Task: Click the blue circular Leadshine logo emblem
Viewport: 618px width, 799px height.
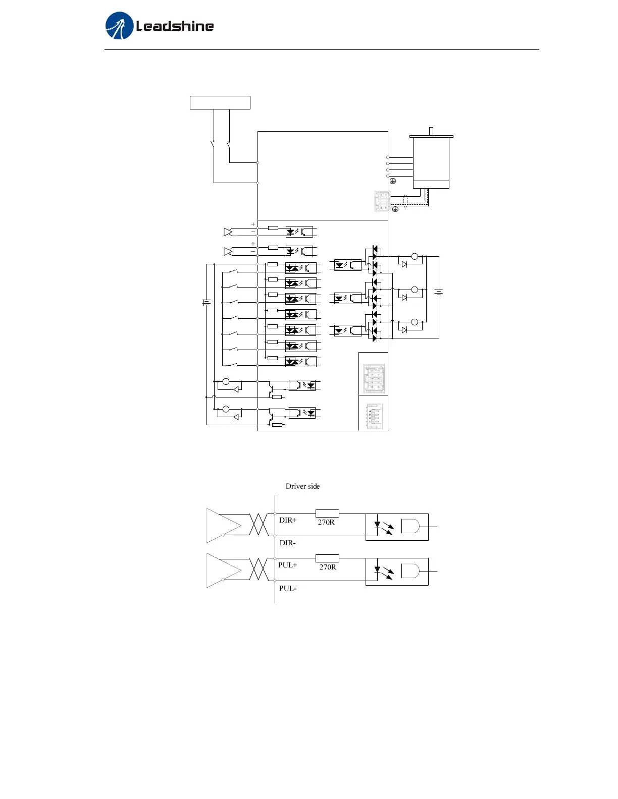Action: [x=119, y=26]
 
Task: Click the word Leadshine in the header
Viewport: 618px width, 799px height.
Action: [x=175, y=26]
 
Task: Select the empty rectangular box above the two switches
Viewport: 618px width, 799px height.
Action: [x=220, y=102]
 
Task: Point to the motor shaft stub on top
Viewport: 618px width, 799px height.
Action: [x=431, y=131]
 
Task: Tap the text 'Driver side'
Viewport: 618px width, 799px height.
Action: [x=302, y=486]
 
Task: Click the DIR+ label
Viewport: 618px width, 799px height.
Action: [x=288, y=520]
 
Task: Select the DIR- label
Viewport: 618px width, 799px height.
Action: [x=288, y=543]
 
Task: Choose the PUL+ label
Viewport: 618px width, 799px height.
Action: [x=288, y=565]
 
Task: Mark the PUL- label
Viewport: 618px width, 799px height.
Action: [x=288, y=588]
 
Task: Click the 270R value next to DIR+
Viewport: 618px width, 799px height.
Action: [x=326, y=522]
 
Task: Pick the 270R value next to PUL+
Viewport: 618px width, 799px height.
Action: [x=328, y=567]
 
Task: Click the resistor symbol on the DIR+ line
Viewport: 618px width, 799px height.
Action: [x=327, y=513]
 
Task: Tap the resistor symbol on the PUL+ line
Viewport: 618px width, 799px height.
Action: [x=327, y=558]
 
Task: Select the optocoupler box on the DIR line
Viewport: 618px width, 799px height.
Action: [x=397, y=527]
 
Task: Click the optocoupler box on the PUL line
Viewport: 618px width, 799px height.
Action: [x=397, y=572]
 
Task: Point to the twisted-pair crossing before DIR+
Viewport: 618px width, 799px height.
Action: [x=259, y=525]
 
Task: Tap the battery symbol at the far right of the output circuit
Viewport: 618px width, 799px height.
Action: [x=439, y=292]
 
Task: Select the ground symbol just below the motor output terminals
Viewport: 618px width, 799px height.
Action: [x=393, y=181]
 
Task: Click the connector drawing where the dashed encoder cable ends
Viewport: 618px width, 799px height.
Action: [x=382, y=201]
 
